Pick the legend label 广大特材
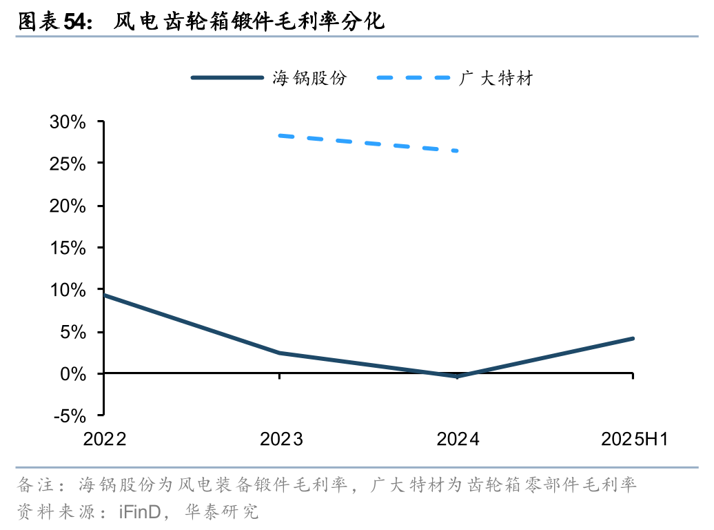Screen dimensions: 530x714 pos(496,78)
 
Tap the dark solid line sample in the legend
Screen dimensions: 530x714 pos(227,78)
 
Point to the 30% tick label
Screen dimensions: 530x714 pos(67,122)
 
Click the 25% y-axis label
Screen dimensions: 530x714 pos(67,164)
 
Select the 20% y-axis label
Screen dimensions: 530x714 pos(67,206)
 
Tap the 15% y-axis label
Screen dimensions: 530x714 pos(67,248)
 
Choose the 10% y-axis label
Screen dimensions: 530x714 pos(67,290)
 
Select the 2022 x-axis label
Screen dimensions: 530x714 pos(105,440)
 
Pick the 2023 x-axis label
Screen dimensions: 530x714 pos(281,440)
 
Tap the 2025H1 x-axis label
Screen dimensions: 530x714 pos(634,440)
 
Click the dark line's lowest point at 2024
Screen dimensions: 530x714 pos(456,376)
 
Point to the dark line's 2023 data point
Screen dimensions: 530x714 pos(280,353)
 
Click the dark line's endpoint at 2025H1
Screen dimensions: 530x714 pos(632,338)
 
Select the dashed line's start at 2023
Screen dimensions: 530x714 pos(280,135)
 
